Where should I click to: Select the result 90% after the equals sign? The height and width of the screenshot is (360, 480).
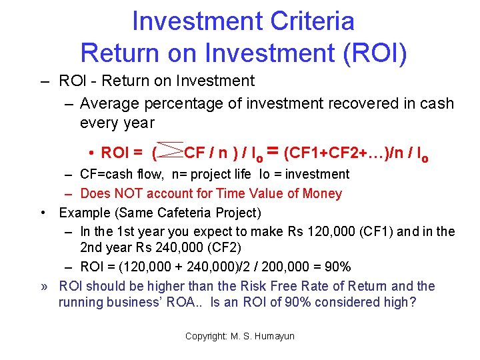pos(336,267)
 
